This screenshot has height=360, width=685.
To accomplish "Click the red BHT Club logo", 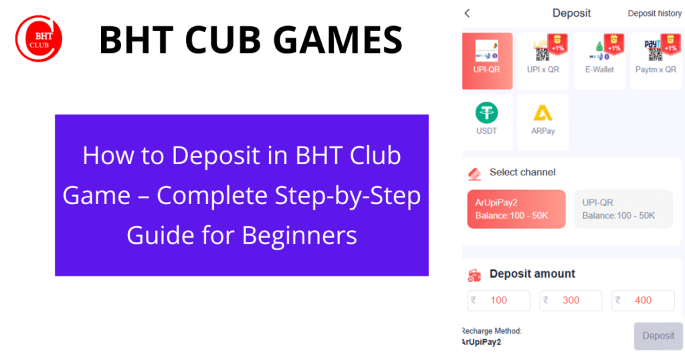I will [x=39, y=38].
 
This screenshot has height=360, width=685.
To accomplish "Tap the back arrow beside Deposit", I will [x=467, y=13].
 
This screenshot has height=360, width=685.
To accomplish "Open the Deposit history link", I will [x=654, y=13].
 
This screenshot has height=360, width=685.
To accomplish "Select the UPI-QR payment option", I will [x=487, y=61].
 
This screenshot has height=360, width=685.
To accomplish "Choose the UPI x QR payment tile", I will [x=543, y=61].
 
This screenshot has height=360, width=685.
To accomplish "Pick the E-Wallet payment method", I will [x=599, y=61].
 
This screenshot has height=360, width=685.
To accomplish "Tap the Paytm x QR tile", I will [x=656, y=61].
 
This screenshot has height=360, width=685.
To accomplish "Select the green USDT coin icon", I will [x=486, y=112].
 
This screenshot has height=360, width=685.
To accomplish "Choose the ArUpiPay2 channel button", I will [x=516, y=209].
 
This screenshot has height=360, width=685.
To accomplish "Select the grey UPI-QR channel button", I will [x=623, y=209].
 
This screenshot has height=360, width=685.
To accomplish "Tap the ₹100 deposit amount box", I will [x=498, y=300].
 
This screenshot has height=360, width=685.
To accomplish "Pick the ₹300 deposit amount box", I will [x=571, y=300].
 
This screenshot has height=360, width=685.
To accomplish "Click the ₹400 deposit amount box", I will [x=643, y=300].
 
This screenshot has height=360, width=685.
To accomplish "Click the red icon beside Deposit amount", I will [x=474, y=274].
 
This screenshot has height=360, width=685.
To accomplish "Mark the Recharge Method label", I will [x=492, y=331].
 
